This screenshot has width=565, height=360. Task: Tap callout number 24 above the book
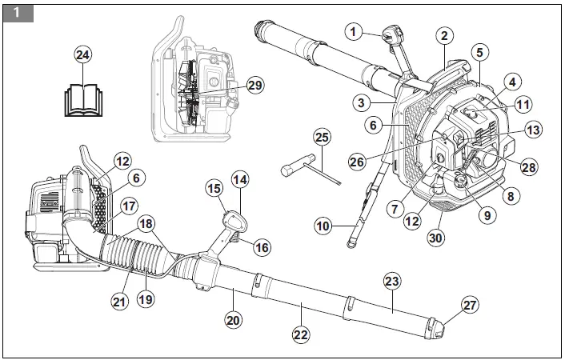(x=82, y=54)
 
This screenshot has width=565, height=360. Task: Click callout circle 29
(x=254, y=85)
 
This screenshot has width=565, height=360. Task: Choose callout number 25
(x=322, y=137)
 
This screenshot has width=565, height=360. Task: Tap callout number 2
(x=444, y=35)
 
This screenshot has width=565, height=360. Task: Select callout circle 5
(x=479, y=52)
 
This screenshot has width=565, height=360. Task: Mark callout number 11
(x=523, y=103)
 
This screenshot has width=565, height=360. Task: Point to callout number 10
(x=323, y=227)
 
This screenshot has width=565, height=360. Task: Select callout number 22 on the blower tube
(x=301, y=334)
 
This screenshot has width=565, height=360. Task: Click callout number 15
(x=214, y=188)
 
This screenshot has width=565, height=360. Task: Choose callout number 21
(x=119, y=301)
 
